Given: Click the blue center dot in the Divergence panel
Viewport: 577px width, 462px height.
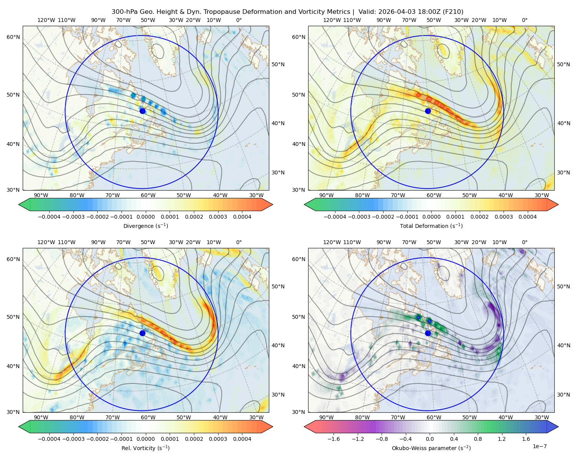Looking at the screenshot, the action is [x=142, y=111].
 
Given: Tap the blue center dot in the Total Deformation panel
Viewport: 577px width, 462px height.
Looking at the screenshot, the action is [x=428, y=111].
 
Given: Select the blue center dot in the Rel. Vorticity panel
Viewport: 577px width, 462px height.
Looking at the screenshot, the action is [x=142, y=333].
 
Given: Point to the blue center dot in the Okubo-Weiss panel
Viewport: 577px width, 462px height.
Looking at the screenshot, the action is [x=428, y=333].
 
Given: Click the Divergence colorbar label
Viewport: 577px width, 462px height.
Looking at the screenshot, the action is [x=145, y=226].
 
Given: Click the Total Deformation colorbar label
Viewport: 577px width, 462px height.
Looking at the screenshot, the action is [x=431, y=226].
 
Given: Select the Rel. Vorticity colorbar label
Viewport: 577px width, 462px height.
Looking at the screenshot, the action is [x=145, y=448].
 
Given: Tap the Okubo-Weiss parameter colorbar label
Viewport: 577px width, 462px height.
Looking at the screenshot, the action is [x=431, y=448].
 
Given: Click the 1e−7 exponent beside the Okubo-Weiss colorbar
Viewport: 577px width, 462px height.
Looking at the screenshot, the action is [x=539, y=446].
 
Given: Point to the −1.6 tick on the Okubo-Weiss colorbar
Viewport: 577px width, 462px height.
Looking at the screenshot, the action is [x=334, y=439].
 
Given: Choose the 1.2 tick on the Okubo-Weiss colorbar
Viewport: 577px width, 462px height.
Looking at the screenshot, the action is [x=502, y=439].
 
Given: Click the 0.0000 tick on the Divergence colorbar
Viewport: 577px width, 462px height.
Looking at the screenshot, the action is [x=145, y=217].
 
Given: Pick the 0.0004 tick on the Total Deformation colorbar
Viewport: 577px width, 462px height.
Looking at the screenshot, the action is [x=527, y=217].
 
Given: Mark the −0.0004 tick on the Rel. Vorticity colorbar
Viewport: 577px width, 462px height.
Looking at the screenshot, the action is [x=49, y=439].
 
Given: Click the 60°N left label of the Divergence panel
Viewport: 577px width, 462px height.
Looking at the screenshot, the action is [x=13, y=37].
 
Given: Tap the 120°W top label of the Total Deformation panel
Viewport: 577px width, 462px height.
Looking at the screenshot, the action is [x=332, y=20].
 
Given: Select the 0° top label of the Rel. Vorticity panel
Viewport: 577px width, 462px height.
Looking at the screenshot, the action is [x=239, y=242].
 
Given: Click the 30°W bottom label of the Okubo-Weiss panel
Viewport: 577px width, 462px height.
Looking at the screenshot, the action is [x=542, y=417].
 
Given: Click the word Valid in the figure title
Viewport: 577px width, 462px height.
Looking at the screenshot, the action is [x=367, y=12].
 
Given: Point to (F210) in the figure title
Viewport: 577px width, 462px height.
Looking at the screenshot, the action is [x=454, y=12].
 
